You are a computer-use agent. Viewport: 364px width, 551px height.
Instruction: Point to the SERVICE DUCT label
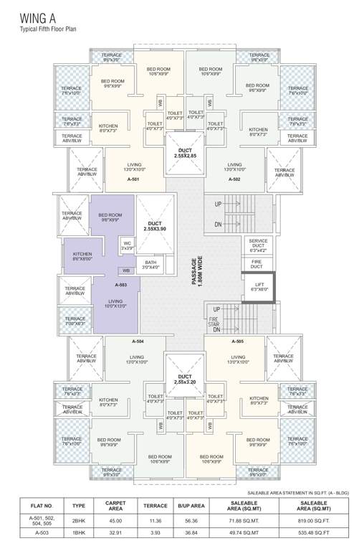point(258,245)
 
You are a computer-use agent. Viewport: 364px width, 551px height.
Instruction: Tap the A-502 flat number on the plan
point(234,179)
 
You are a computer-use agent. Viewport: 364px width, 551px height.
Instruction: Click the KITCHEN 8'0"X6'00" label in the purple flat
point(82,256)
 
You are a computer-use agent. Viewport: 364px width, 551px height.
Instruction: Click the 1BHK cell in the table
point(79,533)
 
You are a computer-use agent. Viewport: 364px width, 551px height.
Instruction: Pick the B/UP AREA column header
point(191,505)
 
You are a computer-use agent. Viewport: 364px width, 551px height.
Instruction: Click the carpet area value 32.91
point(115,533)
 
